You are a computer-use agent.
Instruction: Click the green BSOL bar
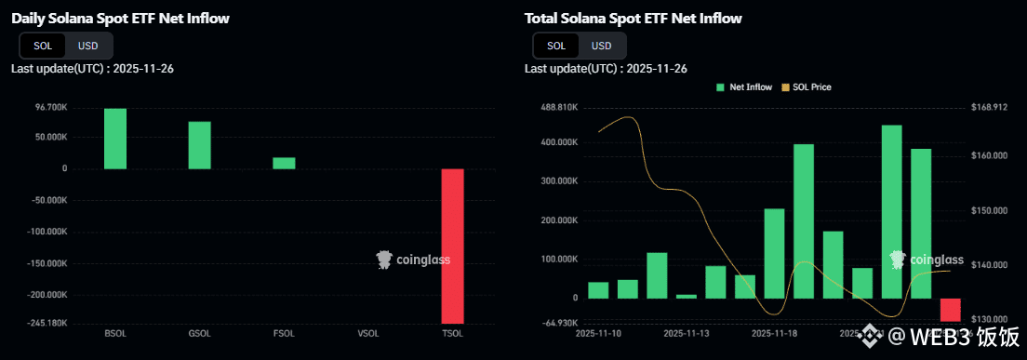coord(115,139)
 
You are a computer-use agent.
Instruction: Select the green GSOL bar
coord(200,145)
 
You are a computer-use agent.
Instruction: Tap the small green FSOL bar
coord(284,163)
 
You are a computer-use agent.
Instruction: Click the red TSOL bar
coord(452,246)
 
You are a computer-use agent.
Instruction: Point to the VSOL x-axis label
coord(368,332)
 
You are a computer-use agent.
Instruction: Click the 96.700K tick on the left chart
coord(50,108)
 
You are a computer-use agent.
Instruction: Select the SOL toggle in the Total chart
coord(556,46)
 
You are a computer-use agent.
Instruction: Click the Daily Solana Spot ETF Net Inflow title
coord(120,18)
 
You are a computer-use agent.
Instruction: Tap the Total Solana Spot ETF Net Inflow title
coord(634,18)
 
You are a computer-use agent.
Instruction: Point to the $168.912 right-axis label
coord(989,108)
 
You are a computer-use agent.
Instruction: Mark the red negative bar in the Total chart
coord(950,310)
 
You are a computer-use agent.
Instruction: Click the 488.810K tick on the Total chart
coord(561,108)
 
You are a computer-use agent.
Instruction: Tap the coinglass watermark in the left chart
coord(413,260)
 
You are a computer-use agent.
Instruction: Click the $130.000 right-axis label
coord(989,319)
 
